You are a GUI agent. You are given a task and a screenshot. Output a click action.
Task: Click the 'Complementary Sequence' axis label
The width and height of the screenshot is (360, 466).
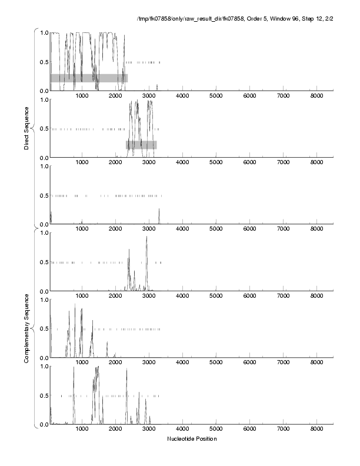pos(26,327)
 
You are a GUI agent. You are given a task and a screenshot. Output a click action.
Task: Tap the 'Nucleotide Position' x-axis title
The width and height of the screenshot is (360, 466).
pos(191,439)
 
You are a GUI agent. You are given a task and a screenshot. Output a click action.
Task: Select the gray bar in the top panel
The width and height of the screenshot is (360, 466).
pos(89,78)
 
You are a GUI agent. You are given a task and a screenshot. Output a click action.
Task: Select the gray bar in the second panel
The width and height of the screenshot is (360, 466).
pos(141,145)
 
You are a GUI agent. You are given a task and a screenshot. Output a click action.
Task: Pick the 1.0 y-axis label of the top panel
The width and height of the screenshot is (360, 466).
pos(43,32)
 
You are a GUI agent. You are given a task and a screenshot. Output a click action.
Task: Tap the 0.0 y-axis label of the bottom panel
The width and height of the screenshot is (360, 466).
pos(43,424)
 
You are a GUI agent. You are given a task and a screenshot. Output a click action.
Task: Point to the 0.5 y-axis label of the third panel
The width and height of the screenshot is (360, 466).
pos(43,195)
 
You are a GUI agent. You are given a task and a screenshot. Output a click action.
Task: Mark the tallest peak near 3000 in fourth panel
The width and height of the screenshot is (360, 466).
pos(146,237)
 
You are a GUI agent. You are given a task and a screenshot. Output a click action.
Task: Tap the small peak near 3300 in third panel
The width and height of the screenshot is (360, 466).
pos(159,209)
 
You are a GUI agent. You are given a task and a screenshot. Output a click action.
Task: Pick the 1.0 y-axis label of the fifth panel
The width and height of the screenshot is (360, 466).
pos(43,299)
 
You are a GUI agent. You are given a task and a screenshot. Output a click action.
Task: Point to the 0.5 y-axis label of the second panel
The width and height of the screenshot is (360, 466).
pos(43,128)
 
